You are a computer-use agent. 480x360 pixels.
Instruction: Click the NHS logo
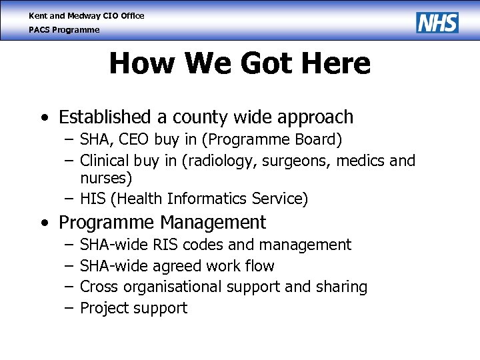tap(437, 22)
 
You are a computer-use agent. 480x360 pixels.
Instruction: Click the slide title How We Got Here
tap(239, 64)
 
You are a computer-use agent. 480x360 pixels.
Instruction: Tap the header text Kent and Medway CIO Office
tap(86, 15)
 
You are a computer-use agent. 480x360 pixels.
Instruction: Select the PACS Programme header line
tap(64, 30)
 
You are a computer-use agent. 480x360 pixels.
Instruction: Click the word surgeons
tap(299, 161)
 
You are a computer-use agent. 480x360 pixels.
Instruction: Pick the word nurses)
tap(106, 178)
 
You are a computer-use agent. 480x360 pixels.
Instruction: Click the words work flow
tap(241, 266)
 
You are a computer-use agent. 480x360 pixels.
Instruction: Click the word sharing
tap(342, 287)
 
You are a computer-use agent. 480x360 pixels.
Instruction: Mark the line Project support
tap(133, 308)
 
